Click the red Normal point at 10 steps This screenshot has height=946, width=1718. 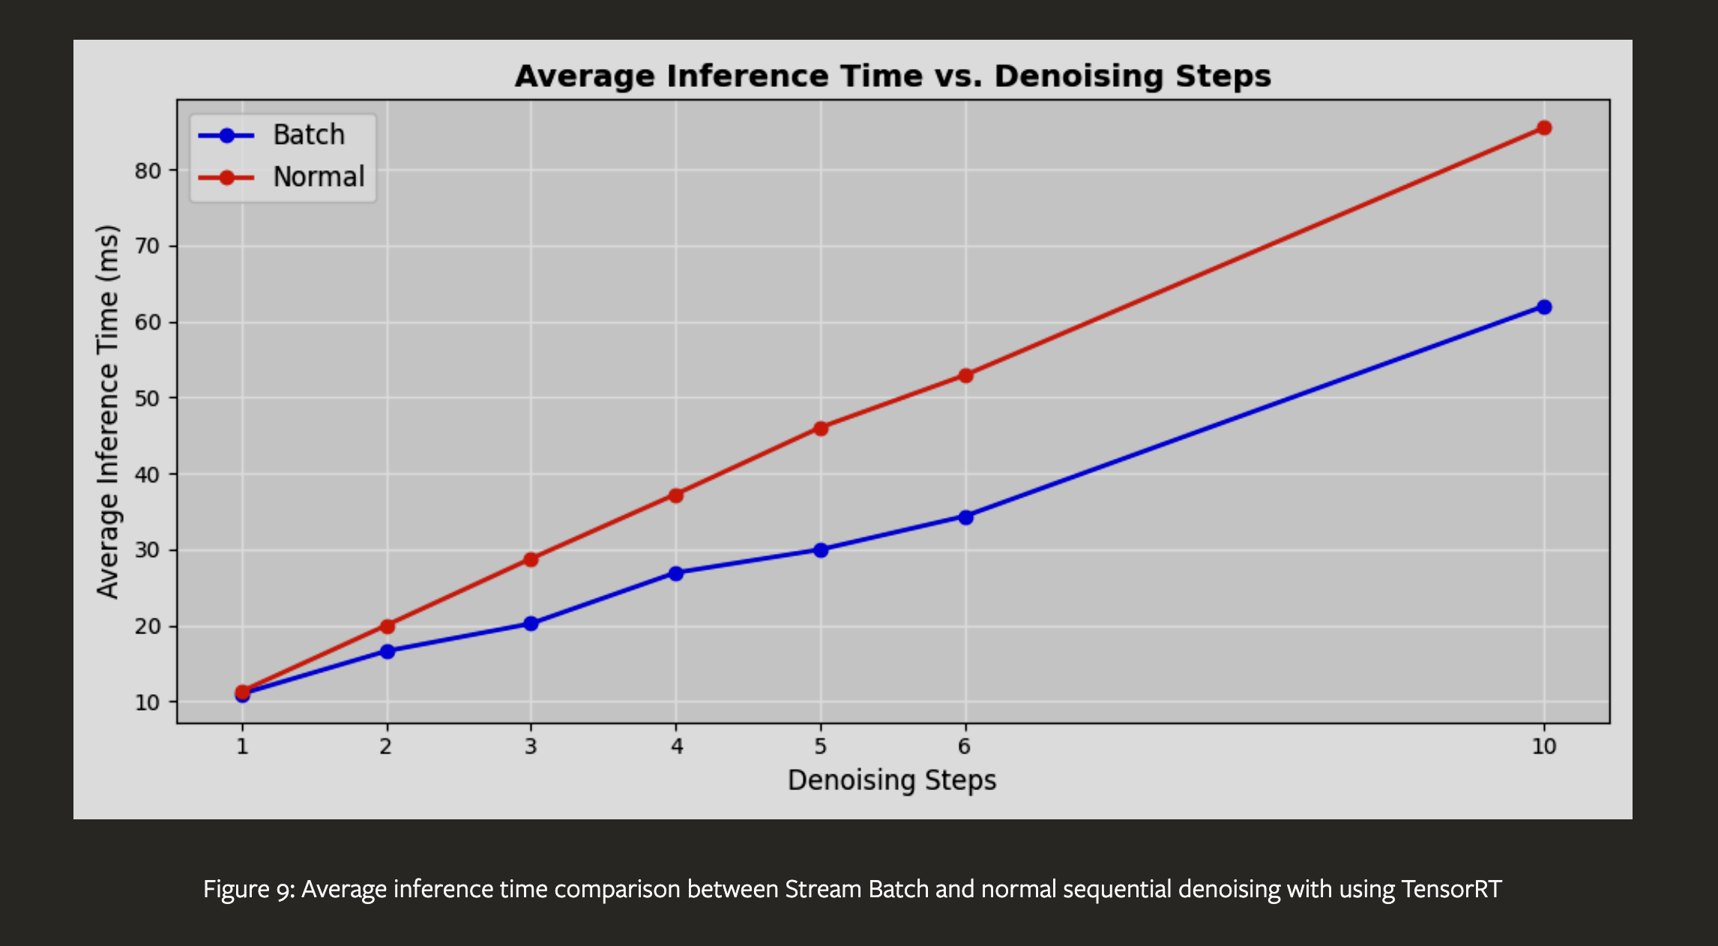tap(1544, 128)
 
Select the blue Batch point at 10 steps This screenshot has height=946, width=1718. tap(1544, 307)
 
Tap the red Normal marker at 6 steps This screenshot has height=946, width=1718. tap(965, 376)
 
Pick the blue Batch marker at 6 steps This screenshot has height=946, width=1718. tap(965, 517)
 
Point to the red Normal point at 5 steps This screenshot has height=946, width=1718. tap(821, 429)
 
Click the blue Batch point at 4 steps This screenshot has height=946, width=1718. tap(676, 573)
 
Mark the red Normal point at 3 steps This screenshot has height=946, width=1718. tap(531, 559)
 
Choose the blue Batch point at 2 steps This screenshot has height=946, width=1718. tap(387, 651)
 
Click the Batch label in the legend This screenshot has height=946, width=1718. tap(309, 135)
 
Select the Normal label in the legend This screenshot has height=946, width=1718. tap(319, 177)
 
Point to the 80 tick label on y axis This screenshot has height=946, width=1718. tap(148, 171)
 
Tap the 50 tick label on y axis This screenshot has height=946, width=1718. tap(148, 398)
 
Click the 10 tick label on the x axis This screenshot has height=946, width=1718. tap(1544, 747)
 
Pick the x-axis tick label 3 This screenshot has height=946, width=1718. tap(531, 747)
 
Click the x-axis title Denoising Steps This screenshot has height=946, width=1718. tap(892, 780)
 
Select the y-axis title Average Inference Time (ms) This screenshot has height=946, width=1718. tap(108, 412)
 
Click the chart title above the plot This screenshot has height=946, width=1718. tap(893, 76)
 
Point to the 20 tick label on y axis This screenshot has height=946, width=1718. tap(148, 627)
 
